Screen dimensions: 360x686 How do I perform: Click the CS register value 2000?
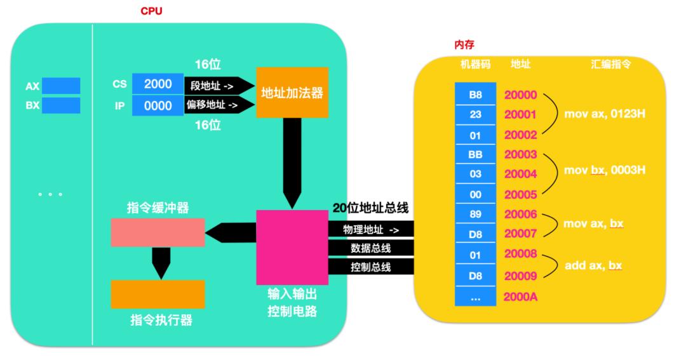[x=157, y=84]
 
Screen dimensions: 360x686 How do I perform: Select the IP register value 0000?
[x=157, y=105]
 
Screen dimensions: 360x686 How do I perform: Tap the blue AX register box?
[x=61, y=86]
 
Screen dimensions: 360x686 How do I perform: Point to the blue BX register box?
[x=61, y=105]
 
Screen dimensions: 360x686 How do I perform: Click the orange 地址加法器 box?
[x=292, y=93]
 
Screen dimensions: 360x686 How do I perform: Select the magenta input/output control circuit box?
[x=292, y=248]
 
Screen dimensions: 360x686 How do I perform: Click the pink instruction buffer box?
[x=158, y=232]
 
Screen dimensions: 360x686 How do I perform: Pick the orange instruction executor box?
[x=158, y=294]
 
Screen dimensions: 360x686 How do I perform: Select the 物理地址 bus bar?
[x=371, y=229]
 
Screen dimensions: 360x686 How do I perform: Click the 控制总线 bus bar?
[x=371, y=267]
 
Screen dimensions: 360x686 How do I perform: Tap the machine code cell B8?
[x=475, y=95]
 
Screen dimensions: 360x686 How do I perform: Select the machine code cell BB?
[x=475, y=154]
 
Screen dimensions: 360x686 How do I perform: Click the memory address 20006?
[x=521, y=214]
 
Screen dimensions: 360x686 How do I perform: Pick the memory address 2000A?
[x=521, y=297]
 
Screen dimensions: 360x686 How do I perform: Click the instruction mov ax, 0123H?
[x=600, y=114]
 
